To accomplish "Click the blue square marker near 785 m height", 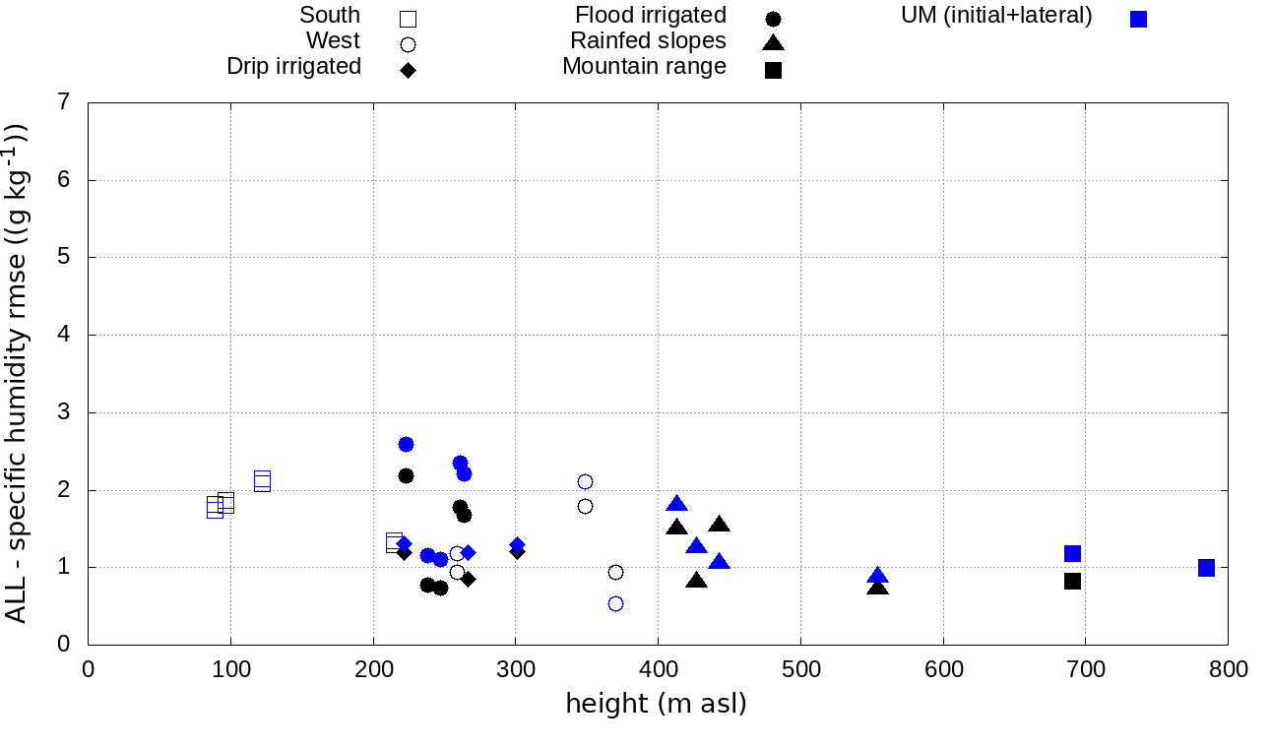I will tap(1206, 568).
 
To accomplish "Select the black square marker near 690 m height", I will tap(1072, 582).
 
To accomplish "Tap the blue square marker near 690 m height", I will tap(1072, 553).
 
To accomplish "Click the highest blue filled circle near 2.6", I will tap(406, 444).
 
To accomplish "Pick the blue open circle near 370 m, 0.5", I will tap(615, 603).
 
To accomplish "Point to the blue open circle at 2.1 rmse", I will tap(585, 481).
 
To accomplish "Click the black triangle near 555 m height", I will tap(878, 587).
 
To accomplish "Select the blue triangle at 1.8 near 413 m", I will tap(676, 504).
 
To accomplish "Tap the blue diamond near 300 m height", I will tap(517, 544).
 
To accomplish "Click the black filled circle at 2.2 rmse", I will tap(406, 475).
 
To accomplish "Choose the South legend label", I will tap(330, 16).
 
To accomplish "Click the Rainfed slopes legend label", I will tap(648, 41).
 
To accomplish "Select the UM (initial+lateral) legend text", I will tap(996, 16).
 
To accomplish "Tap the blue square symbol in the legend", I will tap(1138, 19).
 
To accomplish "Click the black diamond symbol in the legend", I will tap(408, 70).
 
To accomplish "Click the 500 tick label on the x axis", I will tap(800, 670).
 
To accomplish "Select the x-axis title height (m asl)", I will tap(656, 705).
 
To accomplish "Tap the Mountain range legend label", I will tap(644, 67).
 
